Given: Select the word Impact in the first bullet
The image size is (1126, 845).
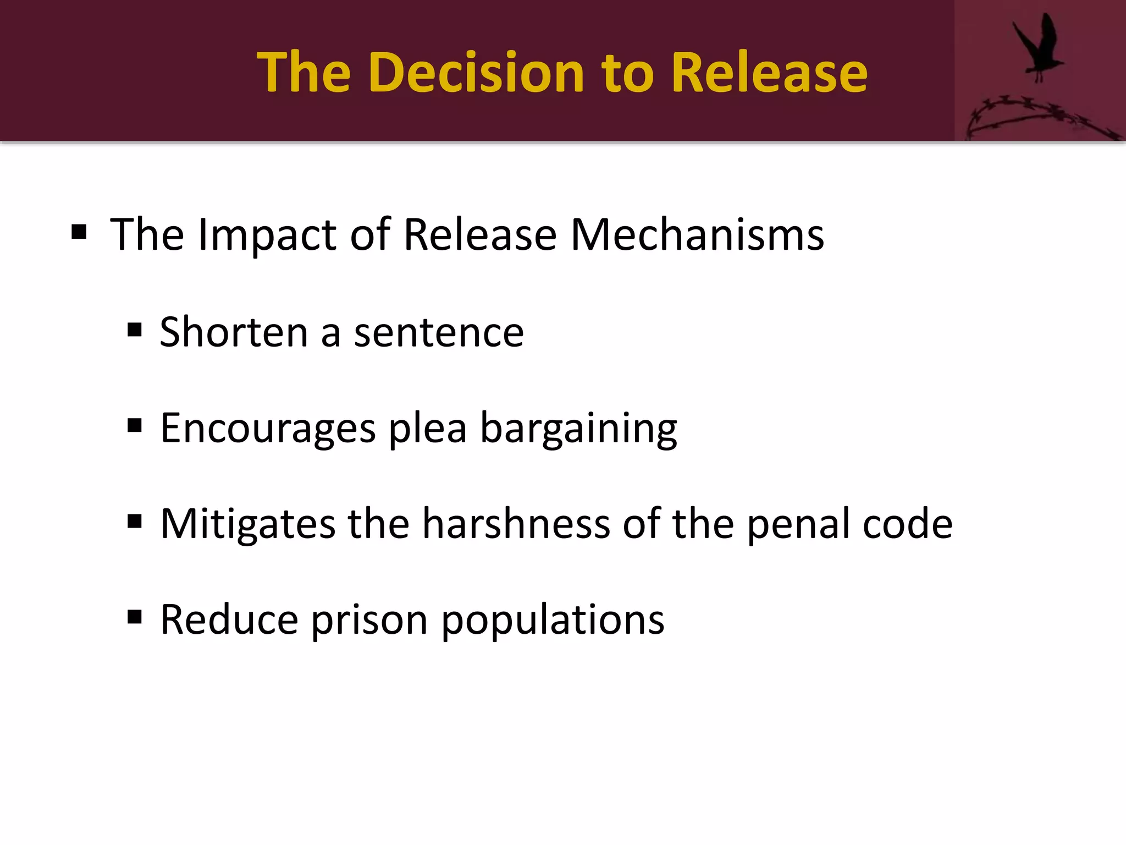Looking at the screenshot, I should pos(267,235).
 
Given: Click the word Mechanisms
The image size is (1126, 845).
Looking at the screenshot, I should pos(697,235).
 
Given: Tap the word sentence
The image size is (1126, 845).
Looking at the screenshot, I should pos(439,333).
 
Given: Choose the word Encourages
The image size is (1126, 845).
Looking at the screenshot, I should pos(268,429).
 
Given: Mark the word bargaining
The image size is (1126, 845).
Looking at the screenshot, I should pos(578,429).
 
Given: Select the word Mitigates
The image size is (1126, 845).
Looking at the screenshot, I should pos(247,524).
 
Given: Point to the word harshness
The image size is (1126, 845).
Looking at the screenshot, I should pos(516,523).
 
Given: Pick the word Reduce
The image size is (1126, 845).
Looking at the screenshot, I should pos(229,619).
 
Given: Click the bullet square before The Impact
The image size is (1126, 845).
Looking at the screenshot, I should pos(79,232).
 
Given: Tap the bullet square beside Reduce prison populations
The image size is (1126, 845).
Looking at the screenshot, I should pos(135,617).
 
